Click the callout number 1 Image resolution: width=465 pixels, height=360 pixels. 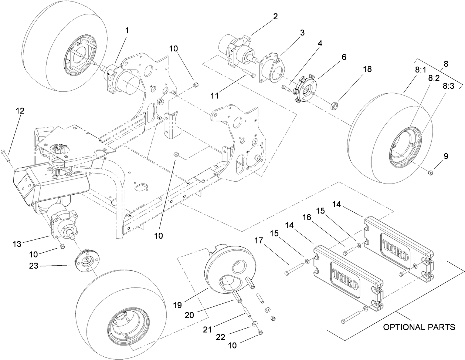pyautogui.click(x=127, y=31)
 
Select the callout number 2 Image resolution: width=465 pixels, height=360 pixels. pyautogui.click(x=275, y=17)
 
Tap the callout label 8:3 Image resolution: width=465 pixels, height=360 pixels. pyautogui.click(x=449, y=86)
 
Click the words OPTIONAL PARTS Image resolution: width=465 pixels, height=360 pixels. pyautogui.click(x=419, y=327)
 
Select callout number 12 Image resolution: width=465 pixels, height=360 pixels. pyautogui.click(x=20, y=110)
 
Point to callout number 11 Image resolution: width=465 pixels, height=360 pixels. pyautogui.click(x=214, y=95)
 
